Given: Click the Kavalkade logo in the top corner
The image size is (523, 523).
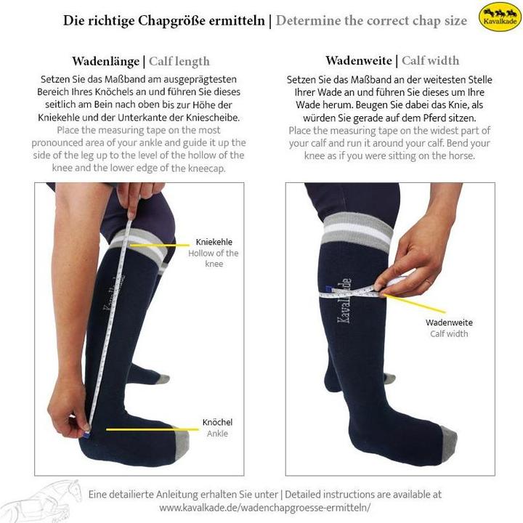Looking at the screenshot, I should [500, 17].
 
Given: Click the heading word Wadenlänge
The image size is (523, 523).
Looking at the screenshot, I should [106, 61].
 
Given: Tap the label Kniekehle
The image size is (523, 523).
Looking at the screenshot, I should [214, 243].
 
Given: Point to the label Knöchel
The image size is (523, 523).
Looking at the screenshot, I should [217, 422].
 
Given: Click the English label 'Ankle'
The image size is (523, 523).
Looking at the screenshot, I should [217, 434].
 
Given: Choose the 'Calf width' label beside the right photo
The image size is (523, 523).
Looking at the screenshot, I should [449, 334].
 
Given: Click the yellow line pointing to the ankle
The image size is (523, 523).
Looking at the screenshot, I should [152, 429].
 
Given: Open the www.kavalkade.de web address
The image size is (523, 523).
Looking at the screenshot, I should [265, 508].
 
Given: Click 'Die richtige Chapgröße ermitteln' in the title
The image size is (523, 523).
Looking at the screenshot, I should [164, 20].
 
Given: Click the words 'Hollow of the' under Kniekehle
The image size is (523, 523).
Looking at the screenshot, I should [214, 254].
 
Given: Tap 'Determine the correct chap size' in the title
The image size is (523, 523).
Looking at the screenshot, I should [371, 20].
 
